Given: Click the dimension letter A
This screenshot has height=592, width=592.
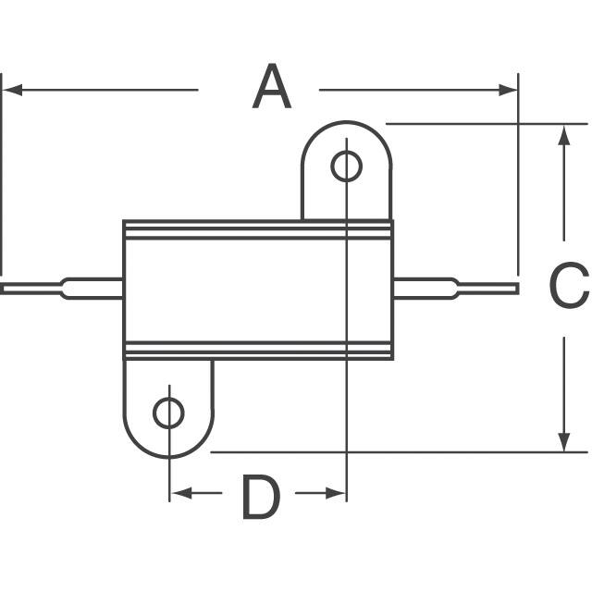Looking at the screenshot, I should (x=271, y=88).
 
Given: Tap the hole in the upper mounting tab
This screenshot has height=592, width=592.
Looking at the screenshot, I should (x=346, y=167).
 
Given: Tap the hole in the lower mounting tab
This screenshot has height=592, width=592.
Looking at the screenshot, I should (x=168, y=413).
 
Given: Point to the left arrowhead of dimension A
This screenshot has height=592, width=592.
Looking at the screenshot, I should (x=13, y=90).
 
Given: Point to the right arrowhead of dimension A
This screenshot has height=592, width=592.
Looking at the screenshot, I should (x=508, y=90).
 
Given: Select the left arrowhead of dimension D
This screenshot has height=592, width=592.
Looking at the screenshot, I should (x=179, y=493).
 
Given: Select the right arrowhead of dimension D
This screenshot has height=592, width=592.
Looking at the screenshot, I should (x=335, y=493).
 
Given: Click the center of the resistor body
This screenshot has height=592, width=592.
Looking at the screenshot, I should (x=259, y=288).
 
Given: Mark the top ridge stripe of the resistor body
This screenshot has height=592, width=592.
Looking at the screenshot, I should (x=259, y=227).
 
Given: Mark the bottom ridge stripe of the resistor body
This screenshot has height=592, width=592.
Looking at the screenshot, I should (x=259, y=351).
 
